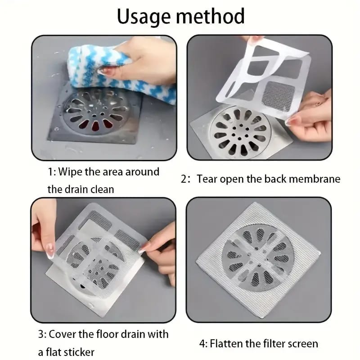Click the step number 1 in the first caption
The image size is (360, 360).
tap(51, 172)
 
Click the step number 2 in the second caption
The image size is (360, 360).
tap(184, 179)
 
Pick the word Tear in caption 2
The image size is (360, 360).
tap(207, 179)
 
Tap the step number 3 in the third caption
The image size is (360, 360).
tap(41, 334)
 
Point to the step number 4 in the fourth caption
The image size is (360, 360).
tap(202, 344)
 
